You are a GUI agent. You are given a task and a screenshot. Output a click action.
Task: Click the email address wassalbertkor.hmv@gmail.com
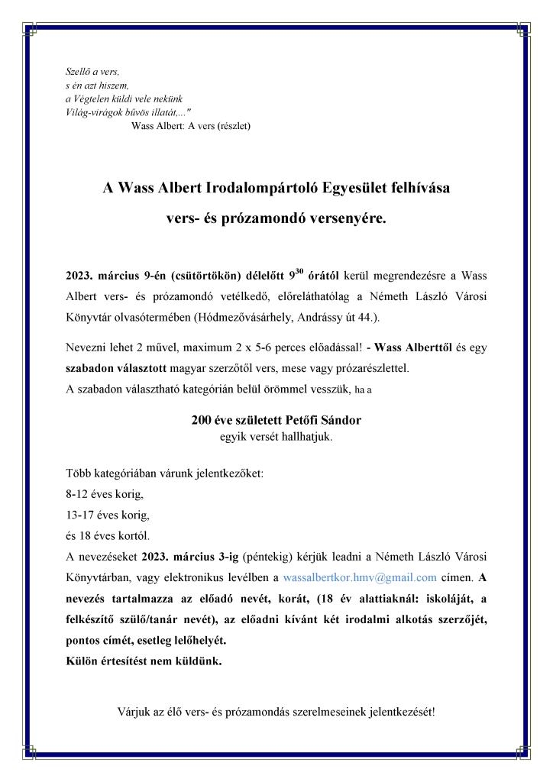[x=360, y=577]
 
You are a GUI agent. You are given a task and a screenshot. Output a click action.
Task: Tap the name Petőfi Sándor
[x=309, y=421]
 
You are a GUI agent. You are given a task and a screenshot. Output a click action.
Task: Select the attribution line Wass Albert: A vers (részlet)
[x=192, y=124]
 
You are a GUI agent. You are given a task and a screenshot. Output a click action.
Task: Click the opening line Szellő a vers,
[x=88, y=71]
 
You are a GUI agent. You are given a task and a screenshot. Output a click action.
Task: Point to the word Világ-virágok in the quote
[x=95, y=111]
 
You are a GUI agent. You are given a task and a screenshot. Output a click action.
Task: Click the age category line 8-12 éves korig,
[x=104, y=493]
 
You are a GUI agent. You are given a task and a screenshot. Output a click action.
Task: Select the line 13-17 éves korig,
[x=107, y=514]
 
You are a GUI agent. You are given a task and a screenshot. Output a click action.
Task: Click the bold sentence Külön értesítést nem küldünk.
[x=144, y=661]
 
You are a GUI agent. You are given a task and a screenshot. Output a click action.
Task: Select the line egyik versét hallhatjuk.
[x=276, y=438]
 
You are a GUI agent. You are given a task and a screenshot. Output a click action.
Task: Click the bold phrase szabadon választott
[x=116, y=367]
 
